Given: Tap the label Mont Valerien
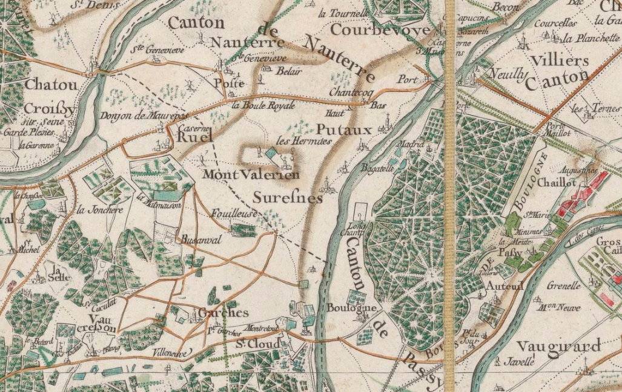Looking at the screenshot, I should coord(251,175).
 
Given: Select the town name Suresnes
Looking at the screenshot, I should coord(287,198).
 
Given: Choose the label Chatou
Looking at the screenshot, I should coord(51,85).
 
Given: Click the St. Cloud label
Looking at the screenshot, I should coord(257,344).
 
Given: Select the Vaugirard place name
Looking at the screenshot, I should coord(558,346).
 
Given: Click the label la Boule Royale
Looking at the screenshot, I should coord(263,105).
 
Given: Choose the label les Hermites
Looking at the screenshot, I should coord(303,140).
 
